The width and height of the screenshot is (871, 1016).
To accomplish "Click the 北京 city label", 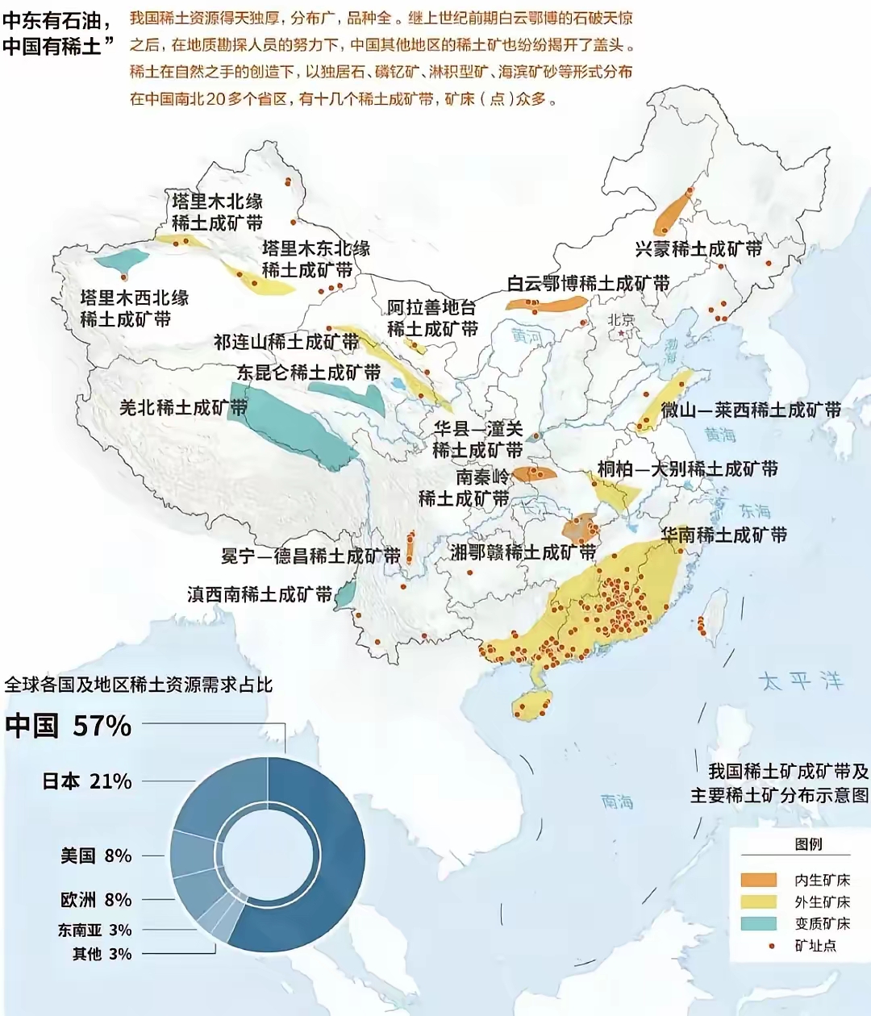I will point(621,320).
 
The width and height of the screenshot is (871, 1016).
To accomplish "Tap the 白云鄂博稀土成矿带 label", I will point(588,284).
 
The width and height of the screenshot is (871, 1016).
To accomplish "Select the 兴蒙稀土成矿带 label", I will point(698,249).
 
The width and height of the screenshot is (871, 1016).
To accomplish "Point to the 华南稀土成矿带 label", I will point(723,535).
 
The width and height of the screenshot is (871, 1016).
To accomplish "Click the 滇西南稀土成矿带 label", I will point(260,594).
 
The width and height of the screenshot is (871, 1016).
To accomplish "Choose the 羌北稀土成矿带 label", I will point(183,407).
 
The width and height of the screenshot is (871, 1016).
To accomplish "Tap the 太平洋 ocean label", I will point(800,681).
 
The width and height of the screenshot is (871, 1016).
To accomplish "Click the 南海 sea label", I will point(617,802).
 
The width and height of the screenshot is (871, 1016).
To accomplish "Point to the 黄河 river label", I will point(526,336).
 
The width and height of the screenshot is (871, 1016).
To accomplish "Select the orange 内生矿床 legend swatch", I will point(758,880).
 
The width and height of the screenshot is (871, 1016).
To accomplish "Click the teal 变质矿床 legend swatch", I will point(758,923).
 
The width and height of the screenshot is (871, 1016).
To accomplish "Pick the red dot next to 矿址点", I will point(772,945).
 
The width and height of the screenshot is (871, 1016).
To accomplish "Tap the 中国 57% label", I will point(69,726).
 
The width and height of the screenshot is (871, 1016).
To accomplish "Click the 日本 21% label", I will point(87,781).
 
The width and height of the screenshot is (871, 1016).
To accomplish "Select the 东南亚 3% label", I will point(94,930).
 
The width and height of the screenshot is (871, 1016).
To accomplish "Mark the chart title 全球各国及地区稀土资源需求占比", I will point(139,685).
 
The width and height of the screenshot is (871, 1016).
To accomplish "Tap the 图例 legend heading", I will point(808,843).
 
